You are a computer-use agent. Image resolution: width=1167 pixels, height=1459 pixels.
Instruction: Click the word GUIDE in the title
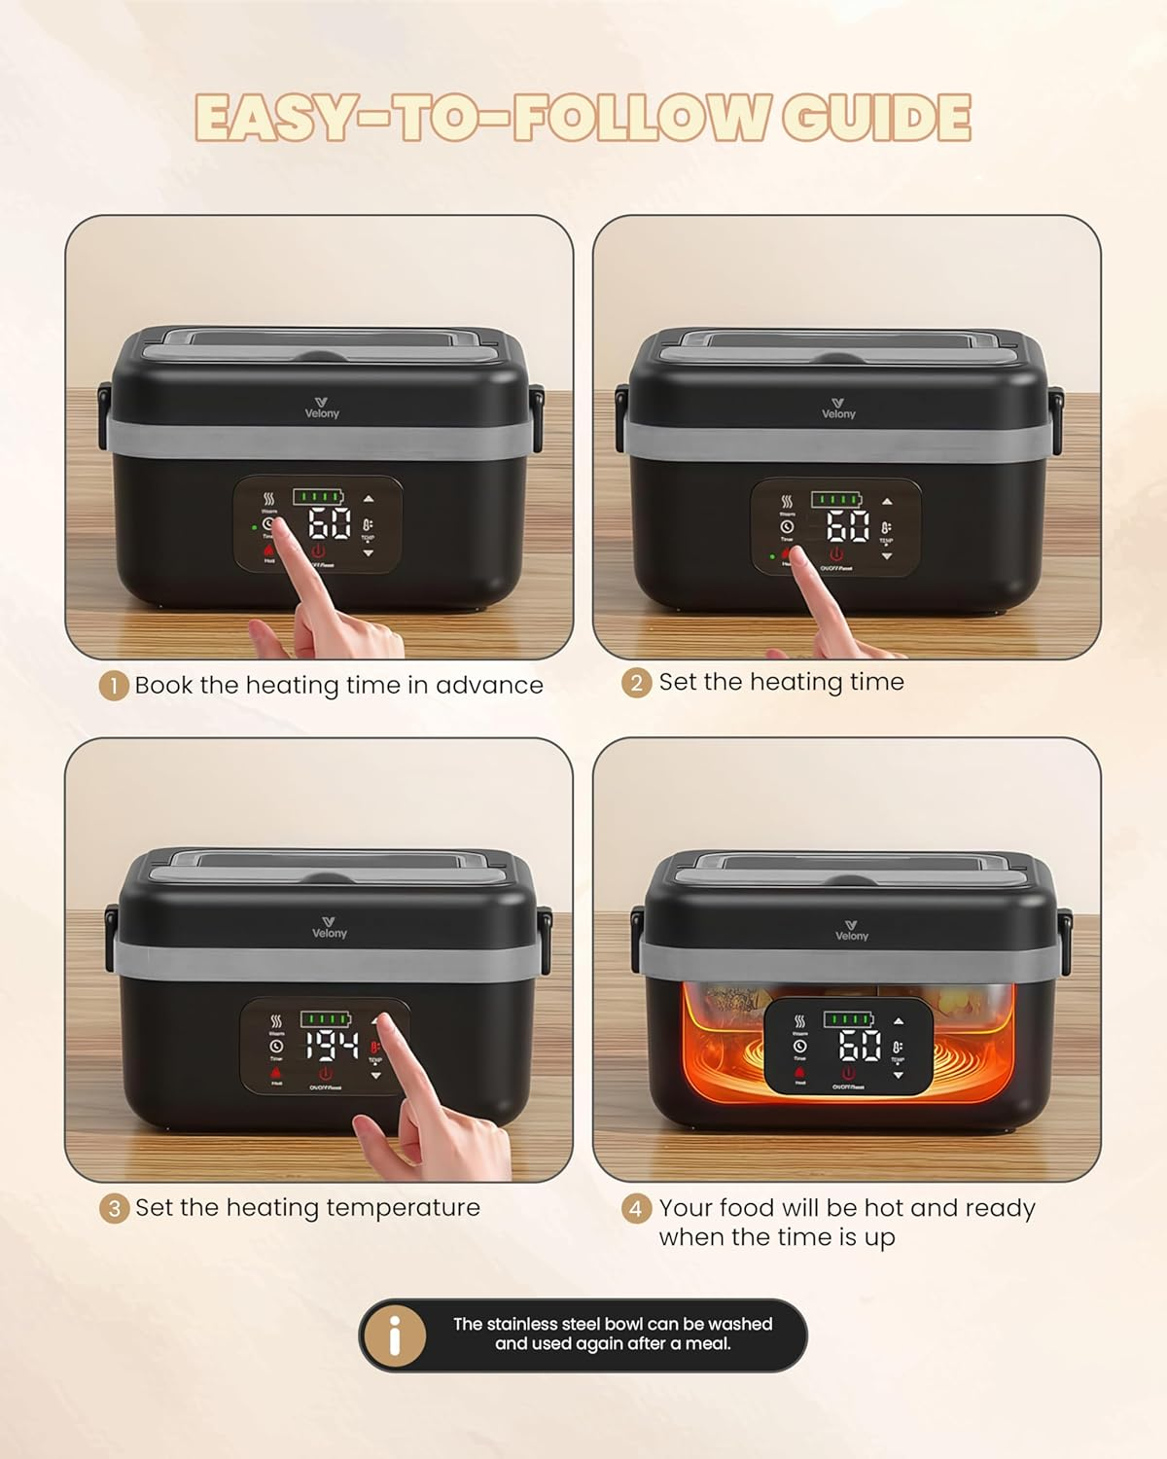point(875,118)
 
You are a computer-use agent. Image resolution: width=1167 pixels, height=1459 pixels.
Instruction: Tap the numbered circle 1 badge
point(114,686)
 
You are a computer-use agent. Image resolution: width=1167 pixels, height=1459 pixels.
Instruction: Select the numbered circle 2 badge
point(636,683)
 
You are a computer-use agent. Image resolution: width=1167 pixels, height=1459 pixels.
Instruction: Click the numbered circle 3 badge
point(114,1208)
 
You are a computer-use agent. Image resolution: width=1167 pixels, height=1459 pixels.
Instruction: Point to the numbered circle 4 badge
point(636,1208)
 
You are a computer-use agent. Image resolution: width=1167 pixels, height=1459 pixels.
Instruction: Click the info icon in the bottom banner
point(395,1335)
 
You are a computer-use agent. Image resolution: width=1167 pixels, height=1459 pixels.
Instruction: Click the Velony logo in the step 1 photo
point(322,408)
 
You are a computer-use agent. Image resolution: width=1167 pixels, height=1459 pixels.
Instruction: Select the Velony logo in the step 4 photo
point(851,930)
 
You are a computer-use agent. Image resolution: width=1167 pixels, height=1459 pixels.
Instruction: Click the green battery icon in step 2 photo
point(836,499)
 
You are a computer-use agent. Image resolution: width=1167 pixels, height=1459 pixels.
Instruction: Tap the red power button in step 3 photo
point(325,1074)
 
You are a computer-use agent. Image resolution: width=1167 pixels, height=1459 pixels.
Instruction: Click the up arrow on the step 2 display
point(887,502)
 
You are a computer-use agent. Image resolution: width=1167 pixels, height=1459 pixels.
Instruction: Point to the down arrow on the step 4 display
point(898,1076)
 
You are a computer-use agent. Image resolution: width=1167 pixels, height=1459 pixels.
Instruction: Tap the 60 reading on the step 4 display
point(860,1047)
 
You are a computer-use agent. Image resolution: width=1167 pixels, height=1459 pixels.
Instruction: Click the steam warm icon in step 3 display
point(276,1021)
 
